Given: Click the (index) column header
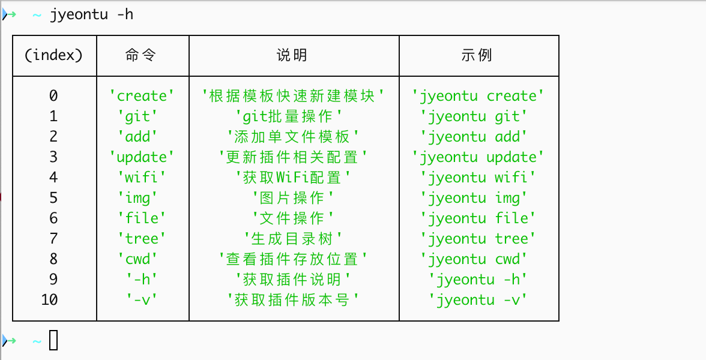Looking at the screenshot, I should (x=53, y=55).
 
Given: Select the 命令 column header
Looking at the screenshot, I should (x=142, y=55).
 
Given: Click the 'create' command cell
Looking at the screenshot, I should (x=142, y=96).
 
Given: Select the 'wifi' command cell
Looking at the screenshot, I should (x=142, y=178).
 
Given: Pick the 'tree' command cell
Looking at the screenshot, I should (x=142, y=239).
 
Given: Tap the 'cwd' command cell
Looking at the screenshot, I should (x=142, y=259).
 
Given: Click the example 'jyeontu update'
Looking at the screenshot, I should (x=478, y=157).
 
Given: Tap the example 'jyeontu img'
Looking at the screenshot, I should (x=478, y=198).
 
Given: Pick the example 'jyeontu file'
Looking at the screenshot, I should (x=478, y=218).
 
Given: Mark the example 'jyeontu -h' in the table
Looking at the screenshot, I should (x=478, y=280).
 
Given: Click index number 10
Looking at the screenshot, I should (x=50, y=300).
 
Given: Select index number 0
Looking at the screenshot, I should (x=53, y=96).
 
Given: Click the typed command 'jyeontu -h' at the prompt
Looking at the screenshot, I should (x=91, y=14).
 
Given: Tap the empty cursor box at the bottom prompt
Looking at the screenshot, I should (x=53, y=341).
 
